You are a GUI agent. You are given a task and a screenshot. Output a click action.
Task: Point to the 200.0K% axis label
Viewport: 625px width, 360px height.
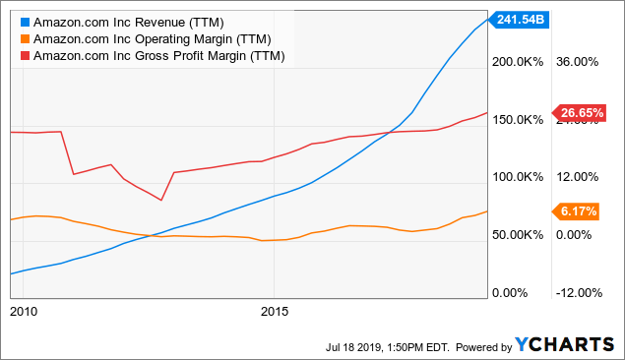click(x=518, y=61)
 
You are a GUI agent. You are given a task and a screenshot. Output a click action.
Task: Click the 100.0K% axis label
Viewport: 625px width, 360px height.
click(x=518, y=177)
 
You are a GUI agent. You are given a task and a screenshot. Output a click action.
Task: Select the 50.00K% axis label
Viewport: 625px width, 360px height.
click(x=518, y=235)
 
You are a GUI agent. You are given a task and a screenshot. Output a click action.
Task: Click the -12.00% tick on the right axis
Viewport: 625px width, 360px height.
click(x=579, y=293)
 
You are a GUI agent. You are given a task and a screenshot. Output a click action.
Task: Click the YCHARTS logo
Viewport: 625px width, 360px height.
click(x=564, y=344)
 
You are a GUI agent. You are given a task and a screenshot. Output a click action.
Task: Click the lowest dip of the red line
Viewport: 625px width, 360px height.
click(x=161, y=200)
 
